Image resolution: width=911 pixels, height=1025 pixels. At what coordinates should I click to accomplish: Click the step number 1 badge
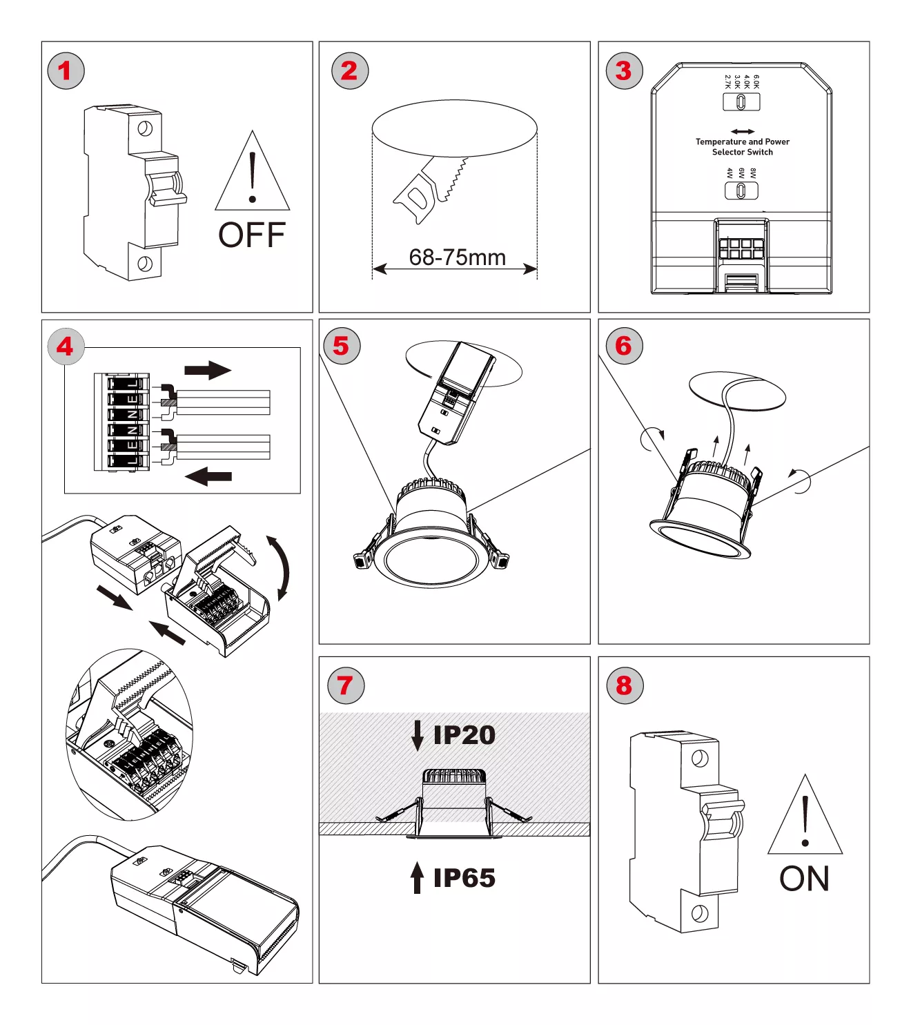pos(66,70)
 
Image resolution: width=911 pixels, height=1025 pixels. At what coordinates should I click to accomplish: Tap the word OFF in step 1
pos(252,235)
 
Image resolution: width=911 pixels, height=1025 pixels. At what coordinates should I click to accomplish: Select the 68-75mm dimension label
pos(457,257)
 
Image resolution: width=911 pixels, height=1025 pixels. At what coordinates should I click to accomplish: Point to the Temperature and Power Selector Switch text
pos(742,146)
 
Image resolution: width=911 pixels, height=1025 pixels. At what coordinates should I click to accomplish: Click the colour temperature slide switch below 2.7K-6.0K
pos(741,102)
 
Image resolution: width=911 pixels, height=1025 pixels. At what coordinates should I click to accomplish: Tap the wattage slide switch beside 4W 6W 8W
pos(741,190)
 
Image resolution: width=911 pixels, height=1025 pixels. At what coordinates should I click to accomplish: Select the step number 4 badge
pos(66,346)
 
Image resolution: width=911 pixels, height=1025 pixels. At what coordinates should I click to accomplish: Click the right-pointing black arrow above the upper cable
pos(207,371)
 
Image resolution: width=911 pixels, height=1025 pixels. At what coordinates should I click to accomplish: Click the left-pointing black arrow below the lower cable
pos(208,476)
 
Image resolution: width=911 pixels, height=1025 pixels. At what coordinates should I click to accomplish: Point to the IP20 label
pos(464,735)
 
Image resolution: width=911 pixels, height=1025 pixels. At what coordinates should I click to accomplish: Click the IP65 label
pos(464,878)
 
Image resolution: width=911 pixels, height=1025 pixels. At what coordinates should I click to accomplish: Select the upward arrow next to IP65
pos(417,877)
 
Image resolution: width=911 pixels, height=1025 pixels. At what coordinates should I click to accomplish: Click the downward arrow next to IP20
pos(417,735)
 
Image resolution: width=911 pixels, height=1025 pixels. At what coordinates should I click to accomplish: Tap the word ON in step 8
pos(804,879)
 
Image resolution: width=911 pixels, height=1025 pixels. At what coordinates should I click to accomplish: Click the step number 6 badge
pos(624,346)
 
